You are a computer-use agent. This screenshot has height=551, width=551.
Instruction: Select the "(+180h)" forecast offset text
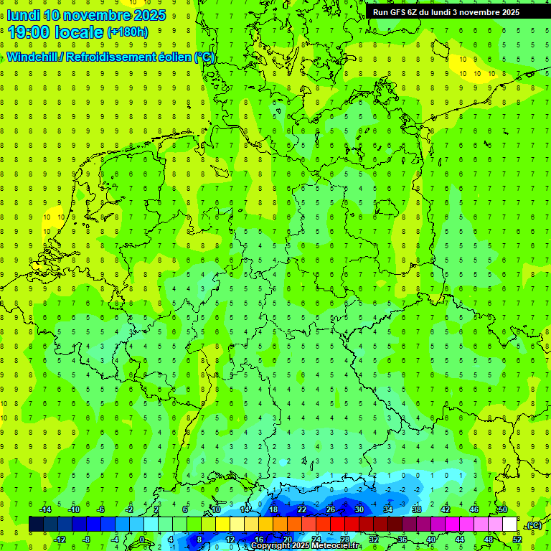coord(128,32)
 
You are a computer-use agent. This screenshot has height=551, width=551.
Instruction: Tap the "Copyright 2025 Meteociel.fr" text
coord(306,546)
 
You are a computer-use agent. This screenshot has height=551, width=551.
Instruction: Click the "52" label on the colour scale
coord(517,539)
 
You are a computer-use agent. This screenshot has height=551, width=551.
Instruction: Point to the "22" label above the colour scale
coord(302,509)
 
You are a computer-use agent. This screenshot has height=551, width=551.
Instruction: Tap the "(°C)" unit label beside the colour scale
coord(534,525)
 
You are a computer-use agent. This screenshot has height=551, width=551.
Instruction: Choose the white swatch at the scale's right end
coord(509,524)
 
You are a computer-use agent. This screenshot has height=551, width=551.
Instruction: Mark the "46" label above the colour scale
coord(474,509)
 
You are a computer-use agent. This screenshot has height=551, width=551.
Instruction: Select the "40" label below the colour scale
coord(431,539)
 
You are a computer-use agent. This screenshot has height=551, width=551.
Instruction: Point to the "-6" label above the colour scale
coord(101,509)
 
